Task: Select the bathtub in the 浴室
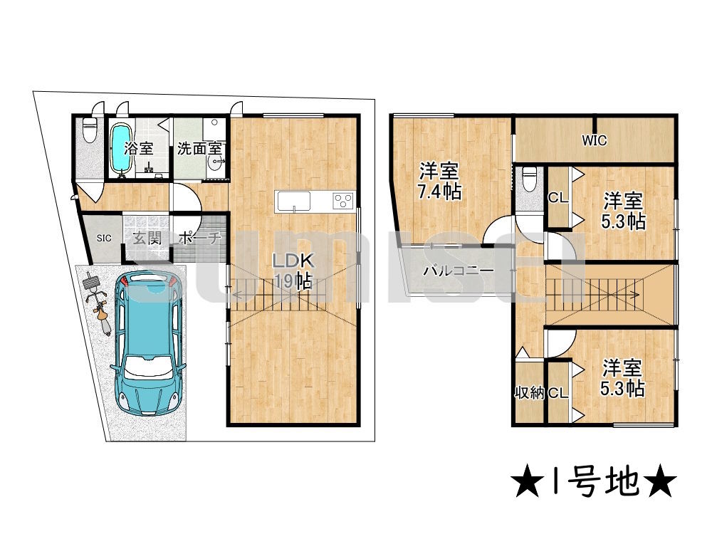click(x=120, y=149)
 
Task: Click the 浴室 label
click(x=139, y=149)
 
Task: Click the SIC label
click(x=104, y=238)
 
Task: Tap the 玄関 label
click(x=145, y=238)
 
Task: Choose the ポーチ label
click(x=200, y=239)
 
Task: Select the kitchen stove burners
click(x=343, y=201)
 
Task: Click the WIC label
click(x=594, y=140)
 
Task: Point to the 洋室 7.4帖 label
click(x=439, y=181)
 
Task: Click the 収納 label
click(x=529, y=392)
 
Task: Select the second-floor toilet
click(x=529, y=179)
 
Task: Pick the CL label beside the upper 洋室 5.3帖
click(x=557, y=198)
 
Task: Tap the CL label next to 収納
click(x=557, y=392)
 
